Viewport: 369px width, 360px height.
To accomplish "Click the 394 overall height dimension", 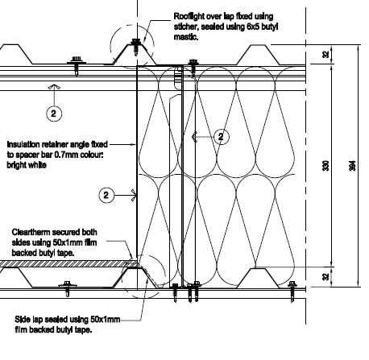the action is point(353,165).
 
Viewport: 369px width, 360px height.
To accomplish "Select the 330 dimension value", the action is point(325,165).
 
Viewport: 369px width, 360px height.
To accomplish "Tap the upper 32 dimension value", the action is point(325,55).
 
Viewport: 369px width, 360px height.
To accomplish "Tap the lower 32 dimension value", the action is point(325,277).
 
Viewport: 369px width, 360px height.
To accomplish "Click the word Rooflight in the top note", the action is point(189,16).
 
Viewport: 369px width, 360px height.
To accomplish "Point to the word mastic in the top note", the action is point(186,37).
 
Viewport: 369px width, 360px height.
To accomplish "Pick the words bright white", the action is point(27,165).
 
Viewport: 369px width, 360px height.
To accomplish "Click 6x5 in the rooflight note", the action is point(253,27).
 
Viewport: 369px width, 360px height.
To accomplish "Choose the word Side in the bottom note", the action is point(23,320).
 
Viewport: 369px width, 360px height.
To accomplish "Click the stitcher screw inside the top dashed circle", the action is point(136,47).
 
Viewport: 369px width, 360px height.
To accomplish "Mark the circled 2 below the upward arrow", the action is point(54,114).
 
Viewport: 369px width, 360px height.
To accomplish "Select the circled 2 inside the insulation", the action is point(221,137).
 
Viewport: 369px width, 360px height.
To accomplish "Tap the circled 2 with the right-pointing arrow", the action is point(106,195).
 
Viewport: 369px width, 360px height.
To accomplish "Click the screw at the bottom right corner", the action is point(292,292).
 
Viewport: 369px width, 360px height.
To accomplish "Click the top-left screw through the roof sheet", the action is point(77,65).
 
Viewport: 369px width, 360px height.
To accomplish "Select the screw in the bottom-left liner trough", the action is point(67,288).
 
